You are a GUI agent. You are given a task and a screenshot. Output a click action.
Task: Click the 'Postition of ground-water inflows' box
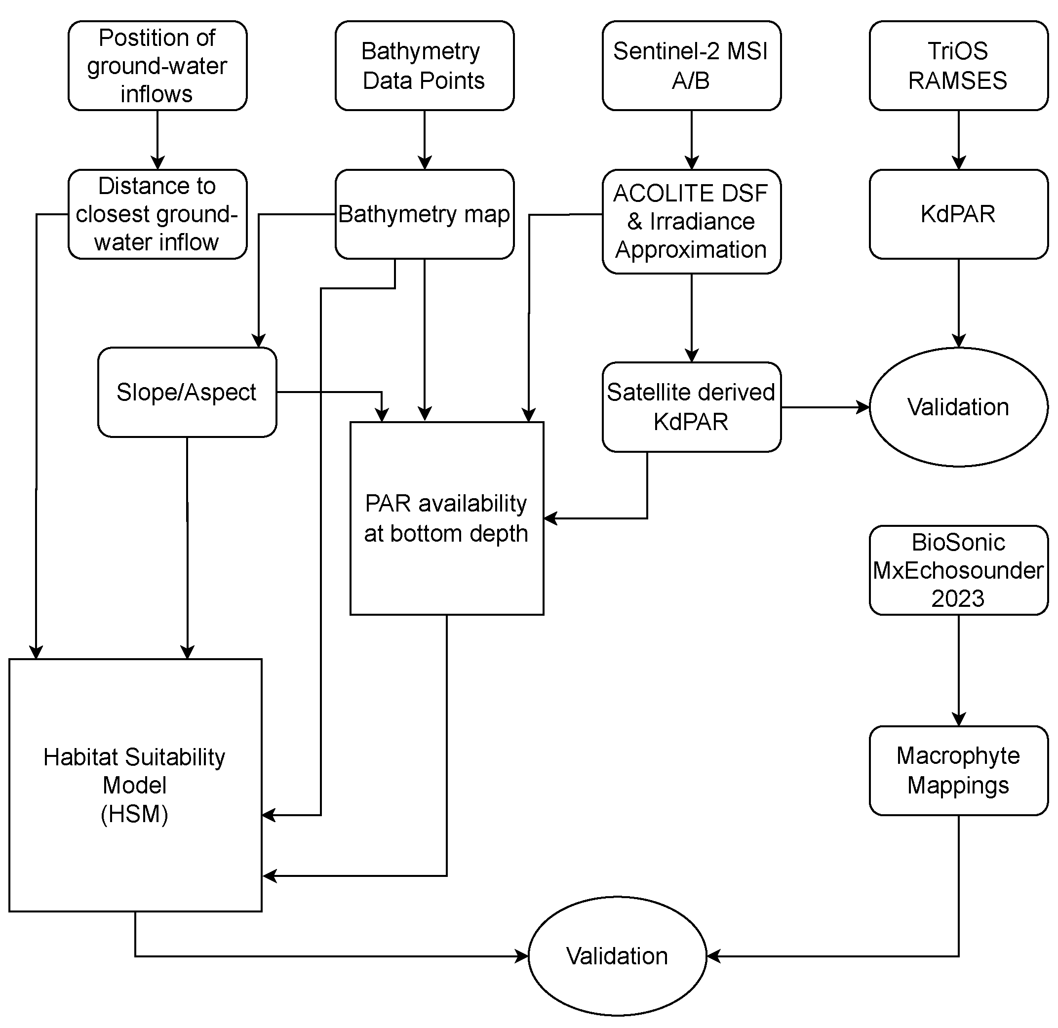pos(157,65)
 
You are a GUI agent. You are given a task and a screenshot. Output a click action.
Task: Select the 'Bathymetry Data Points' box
pos(424,65)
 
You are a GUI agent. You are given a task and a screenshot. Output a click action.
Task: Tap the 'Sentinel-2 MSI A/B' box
pos(691,65)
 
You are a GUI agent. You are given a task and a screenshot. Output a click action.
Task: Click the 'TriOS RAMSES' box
pos(958,65)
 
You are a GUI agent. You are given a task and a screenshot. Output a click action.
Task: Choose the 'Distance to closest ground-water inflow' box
pos(157,214)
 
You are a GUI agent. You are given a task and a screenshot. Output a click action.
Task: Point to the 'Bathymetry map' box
pos(424,214)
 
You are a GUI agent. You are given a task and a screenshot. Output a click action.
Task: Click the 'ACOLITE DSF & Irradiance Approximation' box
pos(691,221)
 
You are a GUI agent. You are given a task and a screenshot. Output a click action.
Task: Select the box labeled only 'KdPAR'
pos(958,214)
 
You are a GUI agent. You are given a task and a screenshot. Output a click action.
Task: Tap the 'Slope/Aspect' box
pos(187,392)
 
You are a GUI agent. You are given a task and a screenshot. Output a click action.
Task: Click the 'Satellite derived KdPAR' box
pos(691,406)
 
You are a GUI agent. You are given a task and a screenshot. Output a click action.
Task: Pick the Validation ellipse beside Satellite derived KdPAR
pos(958,406)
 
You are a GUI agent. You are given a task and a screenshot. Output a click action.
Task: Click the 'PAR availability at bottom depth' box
pos(446,518)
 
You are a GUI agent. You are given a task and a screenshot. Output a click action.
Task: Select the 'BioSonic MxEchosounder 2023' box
pos(958,570)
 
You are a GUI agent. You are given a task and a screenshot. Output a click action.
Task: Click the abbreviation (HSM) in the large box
pos(134,814)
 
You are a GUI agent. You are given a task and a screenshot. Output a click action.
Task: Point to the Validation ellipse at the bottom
pos(617,956)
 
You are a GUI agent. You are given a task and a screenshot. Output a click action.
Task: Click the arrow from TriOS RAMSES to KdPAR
pos(958,140)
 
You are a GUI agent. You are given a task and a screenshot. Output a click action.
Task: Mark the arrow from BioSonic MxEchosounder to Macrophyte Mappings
pos(958,670)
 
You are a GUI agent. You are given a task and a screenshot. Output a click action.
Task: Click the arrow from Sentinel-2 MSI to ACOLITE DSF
pos(692,140)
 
